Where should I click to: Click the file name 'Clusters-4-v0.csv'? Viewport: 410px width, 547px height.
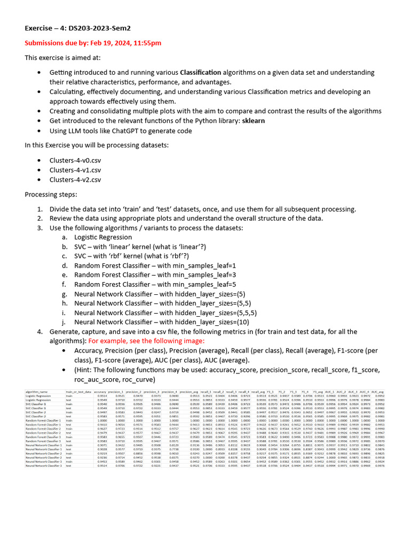point(75,160)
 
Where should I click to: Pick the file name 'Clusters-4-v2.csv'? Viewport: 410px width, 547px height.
point(75,179)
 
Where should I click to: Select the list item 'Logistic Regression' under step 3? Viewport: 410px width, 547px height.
point(102,237)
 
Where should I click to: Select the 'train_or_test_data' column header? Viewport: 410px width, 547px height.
point(78,392)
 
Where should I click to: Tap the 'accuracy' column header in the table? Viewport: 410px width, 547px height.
point(100,392)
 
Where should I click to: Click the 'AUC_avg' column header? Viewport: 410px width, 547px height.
point(379,392)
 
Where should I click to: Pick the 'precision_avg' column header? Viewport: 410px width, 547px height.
point(190,392)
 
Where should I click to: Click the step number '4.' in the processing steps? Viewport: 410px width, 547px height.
point(40,332)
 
